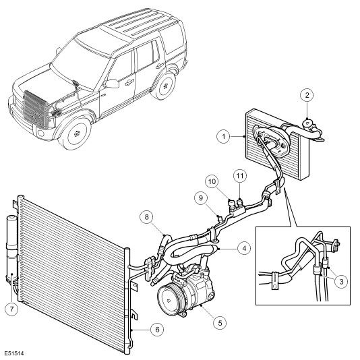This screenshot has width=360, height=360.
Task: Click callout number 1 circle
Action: point(223,137)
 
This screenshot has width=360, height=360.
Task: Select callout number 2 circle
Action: point(307,95)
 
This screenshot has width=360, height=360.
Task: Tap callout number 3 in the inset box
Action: point(341,281)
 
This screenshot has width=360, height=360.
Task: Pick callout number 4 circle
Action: point(244,248)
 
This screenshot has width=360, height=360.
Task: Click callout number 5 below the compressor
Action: point(220,323)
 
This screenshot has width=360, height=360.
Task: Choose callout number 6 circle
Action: point(157,330)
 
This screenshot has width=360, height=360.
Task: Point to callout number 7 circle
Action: point(11,309)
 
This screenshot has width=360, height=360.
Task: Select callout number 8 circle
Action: point(147,217)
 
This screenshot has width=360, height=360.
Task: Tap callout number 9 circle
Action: point(201,198)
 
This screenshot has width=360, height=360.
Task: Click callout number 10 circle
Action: point(212,181)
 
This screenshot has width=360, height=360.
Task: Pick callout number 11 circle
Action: point(240,176)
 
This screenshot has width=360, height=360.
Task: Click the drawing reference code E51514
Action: point(14,353)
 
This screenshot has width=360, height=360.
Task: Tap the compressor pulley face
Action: point(169,300)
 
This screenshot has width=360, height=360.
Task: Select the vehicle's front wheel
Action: point(76,133)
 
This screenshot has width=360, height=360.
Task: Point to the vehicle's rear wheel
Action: point(164,86)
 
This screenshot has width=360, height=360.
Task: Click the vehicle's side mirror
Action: point(113,84)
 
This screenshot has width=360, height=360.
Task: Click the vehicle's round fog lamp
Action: point(41,133)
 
